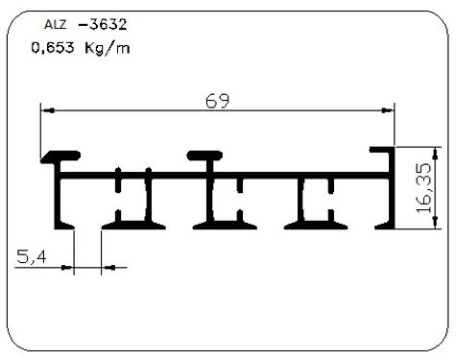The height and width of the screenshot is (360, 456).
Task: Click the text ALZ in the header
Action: pos(55,25)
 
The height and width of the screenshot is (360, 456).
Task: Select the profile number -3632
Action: pos(103,24)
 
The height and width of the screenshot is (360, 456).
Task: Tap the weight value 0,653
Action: pos(53,48)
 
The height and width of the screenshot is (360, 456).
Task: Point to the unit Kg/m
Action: pos(108,48)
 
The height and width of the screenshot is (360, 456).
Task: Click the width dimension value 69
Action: pos(218,101)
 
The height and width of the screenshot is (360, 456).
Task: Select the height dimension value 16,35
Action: pos(424,188)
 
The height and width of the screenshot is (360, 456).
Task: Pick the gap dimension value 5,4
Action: pos(32,257)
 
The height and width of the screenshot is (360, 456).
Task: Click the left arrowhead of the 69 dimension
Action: pos(48,110)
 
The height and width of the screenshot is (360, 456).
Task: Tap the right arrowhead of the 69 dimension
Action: pos(388,110)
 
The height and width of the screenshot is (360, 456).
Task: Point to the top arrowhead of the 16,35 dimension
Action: pos(435,154)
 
